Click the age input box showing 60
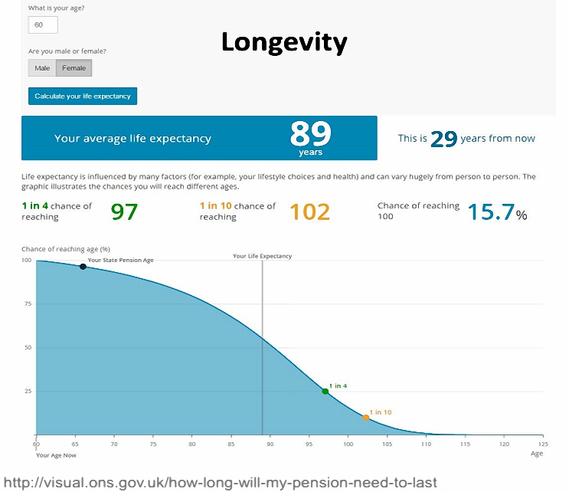(43, 25)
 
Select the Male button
(42, 68)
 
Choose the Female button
(74, 68)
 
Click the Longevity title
(284, 43)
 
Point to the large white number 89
(311, 133)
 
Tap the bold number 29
(443, 139)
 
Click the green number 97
(124, 212)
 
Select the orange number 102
(310, 212)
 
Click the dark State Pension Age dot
(83, 267)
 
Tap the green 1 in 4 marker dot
(325, 392)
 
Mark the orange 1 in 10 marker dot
(366, 418)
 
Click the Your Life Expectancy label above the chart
(263, 256)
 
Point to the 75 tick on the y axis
(28, 304)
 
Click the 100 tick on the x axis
(348, 444)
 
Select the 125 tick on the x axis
(543, 444)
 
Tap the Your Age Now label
(56, 455)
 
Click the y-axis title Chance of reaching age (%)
(66, 249)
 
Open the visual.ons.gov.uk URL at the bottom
(221, 483)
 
